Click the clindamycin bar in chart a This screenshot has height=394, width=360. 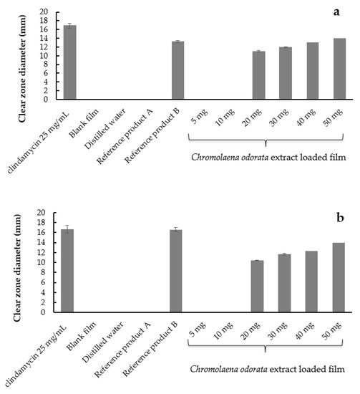[x=70, y=62]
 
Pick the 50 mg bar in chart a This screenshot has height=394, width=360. [x=339, y=69]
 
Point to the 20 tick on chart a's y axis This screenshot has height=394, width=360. [x=44, y=12]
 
